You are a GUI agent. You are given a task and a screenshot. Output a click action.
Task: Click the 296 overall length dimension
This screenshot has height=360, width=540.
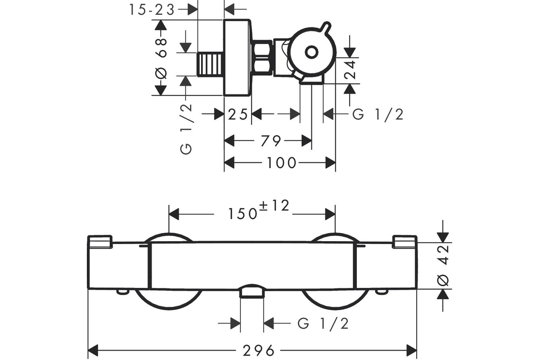point(258,351)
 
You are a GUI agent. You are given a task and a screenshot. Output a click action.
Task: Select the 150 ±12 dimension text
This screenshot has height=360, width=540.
point(258,210)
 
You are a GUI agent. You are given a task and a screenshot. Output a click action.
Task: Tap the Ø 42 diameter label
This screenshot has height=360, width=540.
point(443,265)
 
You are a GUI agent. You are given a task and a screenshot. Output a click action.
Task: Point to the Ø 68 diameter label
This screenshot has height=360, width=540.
point(161,58)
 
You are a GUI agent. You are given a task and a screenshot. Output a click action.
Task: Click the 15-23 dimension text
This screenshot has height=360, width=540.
point(152,10)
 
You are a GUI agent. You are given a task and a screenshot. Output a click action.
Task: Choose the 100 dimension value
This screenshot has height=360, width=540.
point(281,163)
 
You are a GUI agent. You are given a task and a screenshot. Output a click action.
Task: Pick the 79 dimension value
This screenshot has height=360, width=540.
point(271,141)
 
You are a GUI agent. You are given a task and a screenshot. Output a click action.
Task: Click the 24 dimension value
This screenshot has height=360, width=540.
point(350,70)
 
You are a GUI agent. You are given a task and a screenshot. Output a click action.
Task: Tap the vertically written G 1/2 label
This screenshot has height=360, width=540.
point(186,129)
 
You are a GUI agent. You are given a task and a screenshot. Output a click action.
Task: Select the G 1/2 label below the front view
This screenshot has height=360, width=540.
point(323,324)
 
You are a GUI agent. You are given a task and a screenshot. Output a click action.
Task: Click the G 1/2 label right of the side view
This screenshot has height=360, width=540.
point(378,114)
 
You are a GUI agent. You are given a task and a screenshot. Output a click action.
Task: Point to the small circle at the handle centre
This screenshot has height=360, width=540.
point(311,52)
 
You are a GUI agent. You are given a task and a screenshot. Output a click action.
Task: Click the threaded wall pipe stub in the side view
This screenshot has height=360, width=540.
point(210,64)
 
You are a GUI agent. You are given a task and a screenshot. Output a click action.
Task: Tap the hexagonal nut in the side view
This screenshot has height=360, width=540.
point(262,58)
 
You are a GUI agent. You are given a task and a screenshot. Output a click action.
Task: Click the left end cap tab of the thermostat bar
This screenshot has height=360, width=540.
point(100,242)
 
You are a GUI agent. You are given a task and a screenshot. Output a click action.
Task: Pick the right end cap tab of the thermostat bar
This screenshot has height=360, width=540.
point(405,242)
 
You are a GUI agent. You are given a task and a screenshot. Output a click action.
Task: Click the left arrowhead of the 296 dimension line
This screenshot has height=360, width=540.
point(93,351)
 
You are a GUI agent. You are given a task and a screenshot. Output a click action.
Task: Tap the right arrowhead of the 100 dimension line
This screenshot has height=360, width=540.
point(330,163)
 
